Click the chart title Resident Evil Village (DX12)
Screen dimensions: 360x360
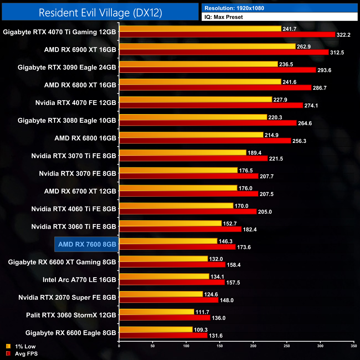[x=100, y=13]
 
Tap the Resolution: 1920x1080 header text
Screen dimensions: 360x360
[x=234, y=8]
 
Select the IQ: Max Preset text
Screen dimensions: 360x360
[x=223, y=17]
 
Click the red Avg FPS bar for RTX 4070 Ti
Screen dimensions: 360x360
[x=227, y=35]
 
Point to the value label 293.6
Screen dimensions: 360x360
[x=324, y=70]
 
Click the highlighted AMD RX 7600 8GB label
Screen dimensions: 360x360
[x=87, y=244]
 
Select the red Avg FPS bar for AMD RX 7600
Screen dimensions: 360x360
[x=177, y=247]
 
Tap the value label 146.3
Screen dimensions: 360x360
[x=225, y=241]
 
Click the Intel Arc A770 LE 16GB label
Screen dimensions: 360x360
[x=79, y=280]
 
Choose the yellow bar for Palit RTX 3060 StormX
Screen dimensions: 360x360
[x=156, y=312]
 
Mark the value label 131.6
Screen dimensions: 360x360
[x=215, y=336]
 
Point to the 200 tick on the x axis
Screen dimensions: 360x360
[x=253, y=346]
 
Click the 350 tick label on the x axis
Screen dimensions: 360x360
[x=354, y=346]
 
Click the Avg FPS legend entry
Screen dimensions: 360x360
[x=22, y=354]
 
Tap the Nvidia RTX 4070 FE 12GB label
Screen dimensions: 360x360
[x=76, y=103]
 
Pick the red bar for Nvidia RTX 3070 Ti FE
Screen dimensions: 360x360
[x=194, y=159]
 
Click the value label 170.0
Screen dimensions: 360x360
[x=241, y=206]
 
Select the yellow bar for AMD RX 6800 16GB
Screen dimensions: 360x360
[x=191, y=135]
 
